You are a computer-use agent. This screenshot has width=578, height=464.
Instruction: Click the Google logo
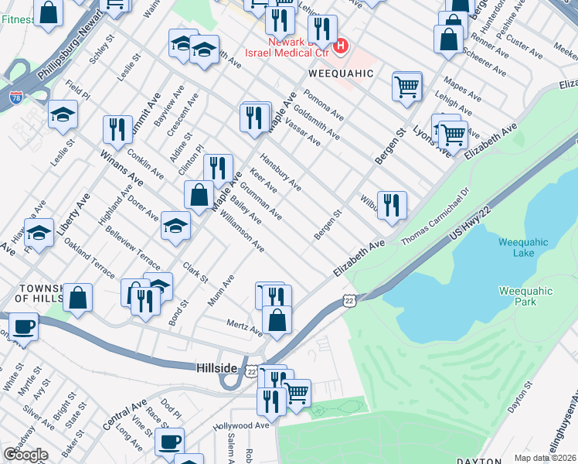click(x=25, y=455)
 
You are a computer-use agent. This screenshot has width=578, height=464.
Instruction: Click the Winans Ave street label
click(x=122, y=167)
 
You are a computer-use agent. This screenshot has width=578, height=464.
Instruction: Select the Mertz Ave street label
click(x=244, y=328)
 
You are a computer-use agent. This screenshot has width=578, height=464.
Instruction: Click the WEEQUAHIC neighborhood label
click(x=341, y=73)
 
